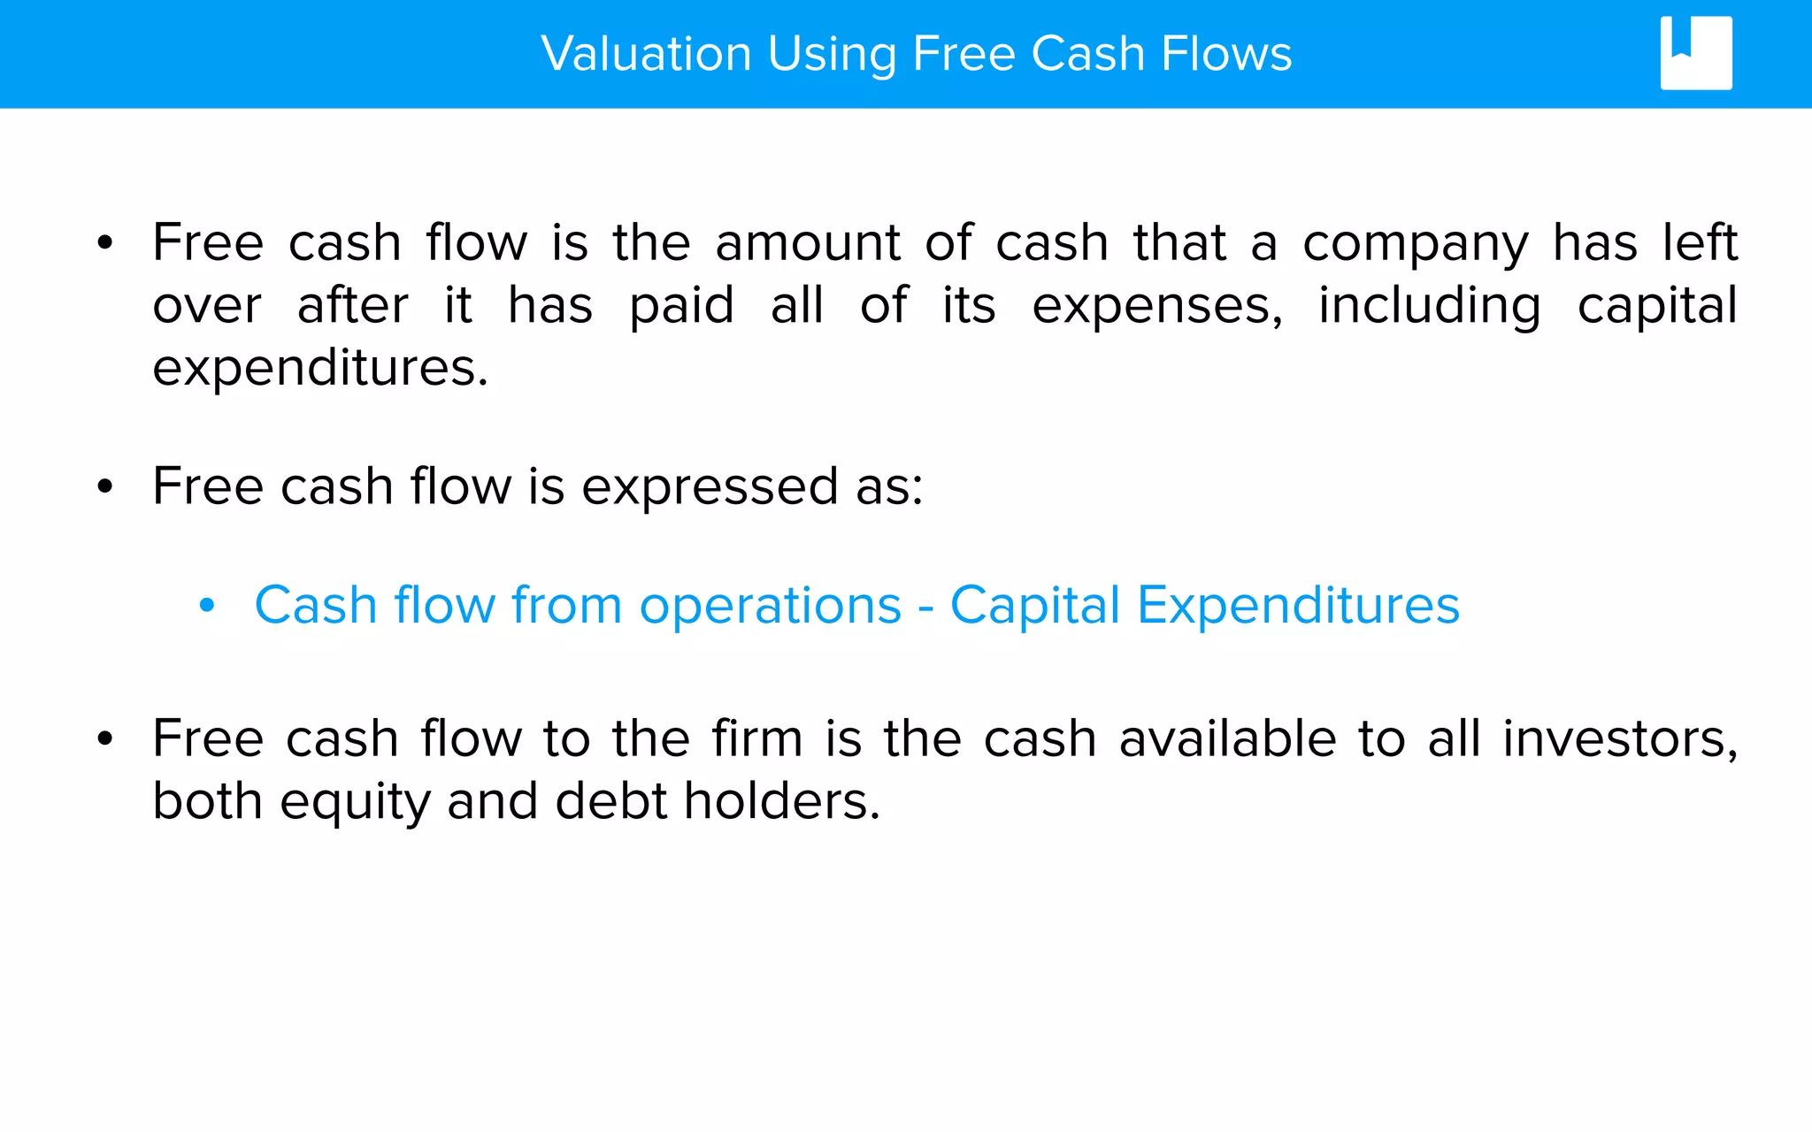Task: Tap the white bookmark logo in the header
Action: (x=1695, y=53)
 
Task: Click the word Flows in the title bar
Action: (x=1226, y=54)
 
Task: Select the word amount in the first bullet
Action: (x=808, y=243)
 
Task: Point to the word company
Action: (x=1415, y=245)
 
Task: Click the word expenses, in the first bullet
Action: (x=1157, y=307)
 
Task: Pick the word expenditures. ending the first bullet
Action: (x=320, y=369)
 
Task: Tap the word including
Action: (x=1429, y=307)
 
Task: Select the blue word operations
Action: (x=770, y=607)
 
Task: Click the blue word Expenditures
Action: (x=1298, y=607)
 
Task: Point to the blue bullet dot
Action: (x=207, y=607)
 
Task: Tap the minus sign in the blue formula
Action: (x=925, y=608)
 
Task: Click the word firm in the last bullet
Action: (x=757, y=738)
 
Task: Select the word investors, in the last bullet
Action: (x=1620, y=739)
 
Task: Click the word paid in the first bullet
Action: (x=681, y=307)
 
